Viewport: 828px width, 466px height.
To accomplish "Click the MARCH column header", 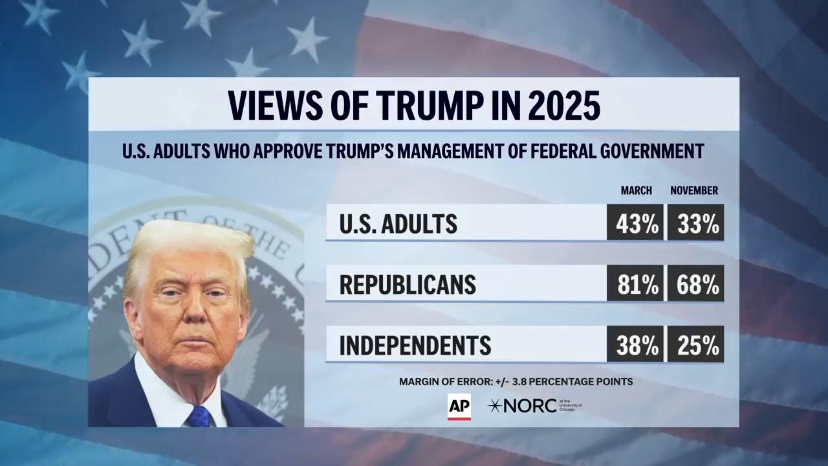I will tap(636, 191).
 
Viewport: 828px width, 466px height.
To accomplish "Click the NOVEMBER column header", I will tap(694, 191).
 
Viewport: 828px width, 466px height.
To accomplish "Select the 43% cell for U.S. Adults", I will tap(635, 223).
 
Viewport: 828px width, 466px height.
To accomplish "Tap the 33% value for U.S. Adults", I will tap(696, 223).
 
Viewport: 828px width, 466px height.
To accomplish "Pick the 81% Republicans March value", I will tap(635, 283).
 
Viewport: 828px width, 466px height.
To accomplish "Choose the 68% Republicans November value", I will tap(696, 283).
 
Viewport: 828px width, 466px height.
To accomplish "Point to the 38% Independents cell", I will tap(635, 344).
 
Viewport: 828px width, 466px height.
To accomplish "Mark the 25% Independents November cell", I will tap(696, 344).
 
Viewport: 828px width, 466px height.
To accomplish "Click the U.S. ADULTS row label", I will tap(398, 224).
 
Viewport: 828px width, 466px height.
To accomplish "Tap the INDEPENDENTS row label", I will tap(415, 345).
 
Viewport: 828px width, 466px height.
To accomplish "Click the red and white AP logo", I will tap(459, 407).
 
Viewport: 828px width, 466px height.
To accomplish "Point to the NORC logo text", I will tap(530, 406).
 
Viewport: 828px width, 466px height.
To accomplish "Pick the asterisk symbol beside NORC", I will tap(495, 406).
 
